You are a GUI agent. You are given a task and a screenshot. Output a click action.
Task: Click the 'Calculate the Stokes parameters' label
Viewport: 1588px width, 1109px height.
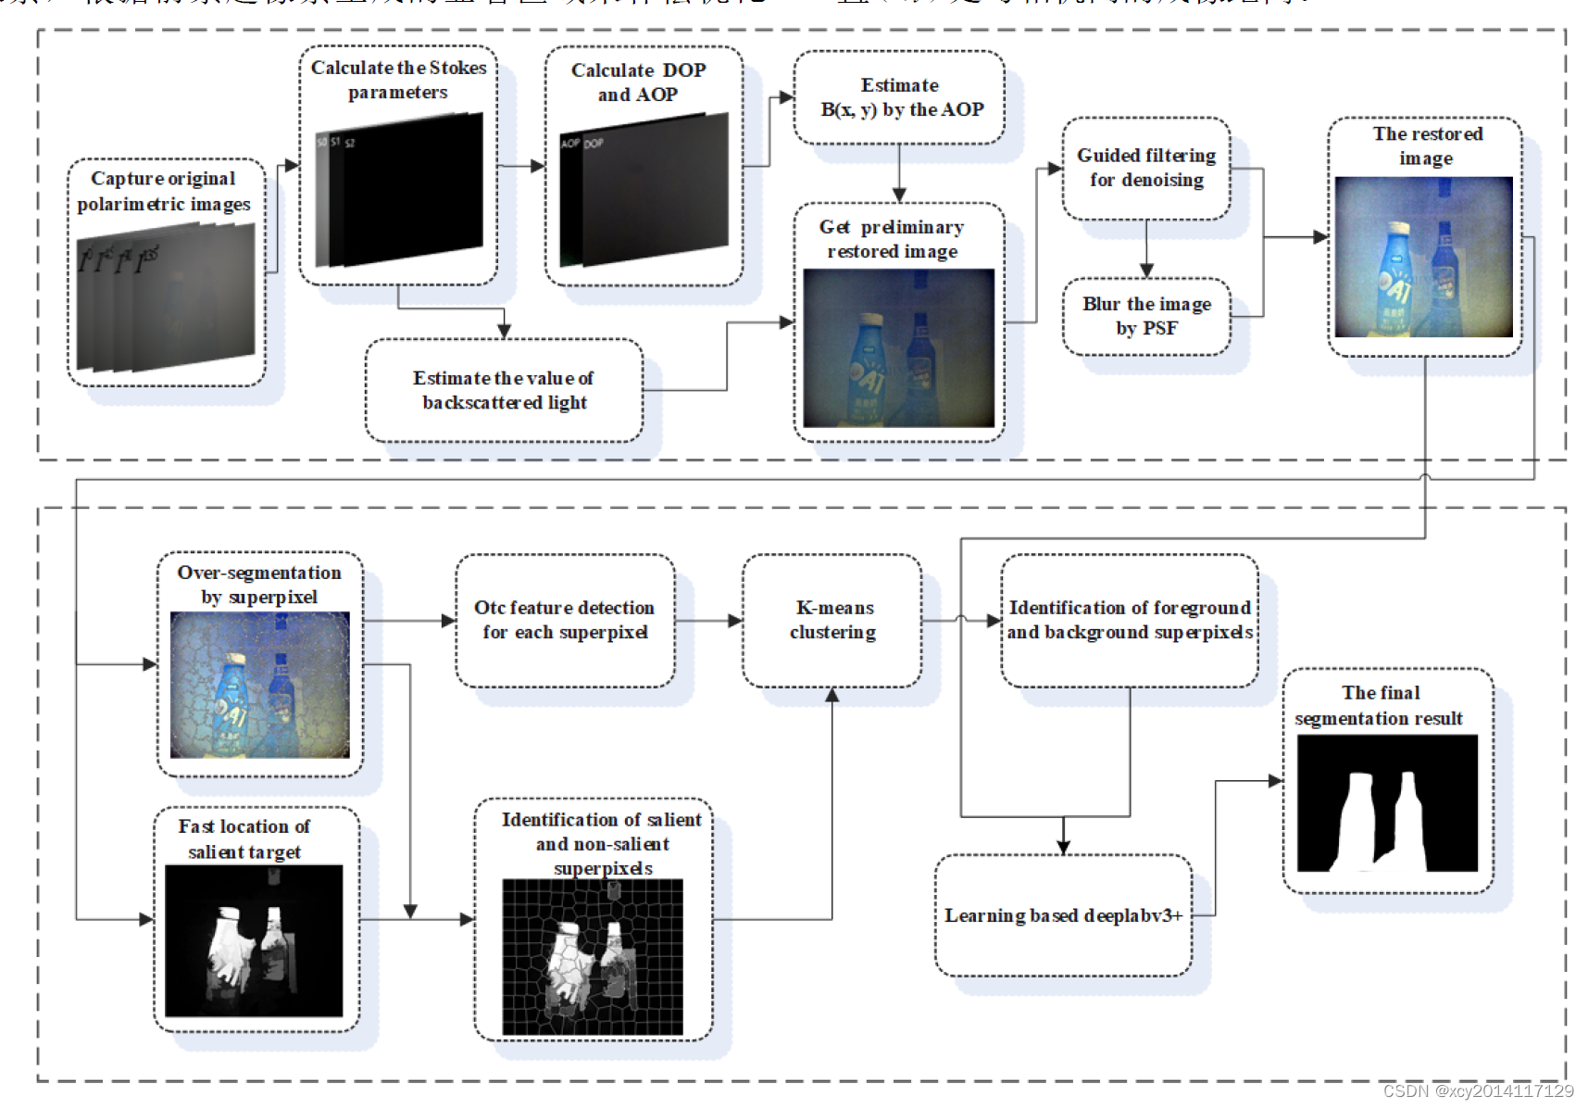(398, 80)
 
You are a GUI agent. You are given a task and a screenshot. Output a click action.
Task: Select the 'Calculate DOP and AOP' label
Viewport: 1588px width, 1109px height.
(638, 82)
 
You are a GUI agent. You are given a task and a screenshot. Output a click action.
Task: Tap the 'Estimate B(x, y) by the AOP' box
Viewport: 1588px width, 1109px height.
(900, 97)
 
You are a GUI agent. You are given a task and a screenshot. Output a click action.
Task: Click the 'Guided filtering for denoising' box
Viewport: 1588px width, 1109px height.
(1146, 168)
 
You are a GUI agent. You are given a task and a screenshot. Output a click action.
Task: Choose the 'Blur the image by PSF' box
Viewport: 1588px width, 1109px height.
(1146, 316)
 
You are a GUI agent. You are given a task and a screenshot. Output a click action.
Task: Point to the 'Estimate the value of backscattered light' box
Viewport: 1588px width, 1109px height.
(504, 390)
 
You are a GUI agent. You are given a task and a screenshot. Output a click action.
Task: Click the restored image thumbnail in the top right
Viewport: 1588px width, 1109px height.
(1424, 257)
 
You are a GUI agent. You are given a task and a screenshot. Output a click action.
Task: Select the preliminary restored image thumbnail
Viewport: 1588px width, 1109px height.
(898, 348)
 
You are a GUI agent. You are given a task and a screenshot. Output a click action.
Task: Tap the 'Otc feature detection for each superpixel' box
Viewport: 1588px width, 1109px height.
(565, 620)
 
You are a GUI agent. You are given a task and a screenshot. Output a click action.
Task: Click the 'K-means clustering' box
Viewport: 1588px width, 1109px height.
(832, 620)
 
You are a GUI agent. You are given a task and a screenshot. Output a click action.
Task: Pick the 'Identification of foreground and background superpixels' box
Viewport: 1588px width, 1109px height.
(1130, 620)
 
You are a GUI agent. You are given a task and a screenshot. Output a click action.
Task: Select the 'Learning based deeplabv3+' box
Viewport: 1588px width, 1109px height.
(1063, 915)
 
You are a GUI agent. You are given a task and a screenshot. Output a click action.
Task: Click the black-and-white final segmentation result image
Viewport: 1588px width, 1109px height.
(1387, 803)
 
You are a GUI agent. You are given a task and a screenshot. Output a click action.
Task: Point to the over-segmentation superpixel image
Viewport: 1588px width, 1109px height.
(260, 685)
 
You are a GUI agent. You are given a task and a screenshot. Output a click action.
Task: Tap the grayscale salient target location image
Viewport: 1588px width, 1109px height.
(254, 940)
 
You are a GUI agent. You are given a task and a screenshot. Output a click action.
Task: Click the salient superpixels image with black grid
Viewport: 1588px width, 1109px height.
(593, 956)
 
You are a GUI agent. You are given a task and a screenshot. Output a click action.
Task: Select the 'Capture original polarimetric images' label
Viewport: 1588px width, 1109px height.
(164, 191)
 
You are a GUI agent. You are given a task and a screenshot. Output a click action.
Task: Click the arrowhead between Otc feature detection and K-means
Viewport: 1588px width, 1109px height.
(735, 621)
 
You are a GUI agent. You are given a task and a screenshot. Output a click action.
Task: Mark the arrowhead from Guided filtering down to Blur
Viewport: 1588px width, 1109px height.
(1146, 271)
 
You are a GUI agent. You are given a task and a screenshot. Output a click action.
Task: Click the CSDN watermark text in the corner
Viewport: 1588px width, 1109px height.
(1478, 1091)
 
